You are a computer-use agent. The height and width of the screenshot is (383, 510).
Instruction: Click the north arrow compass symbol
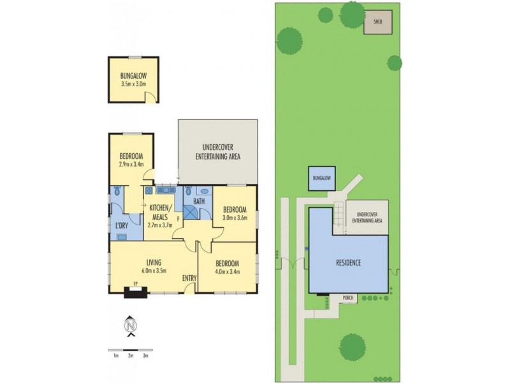[131, 326]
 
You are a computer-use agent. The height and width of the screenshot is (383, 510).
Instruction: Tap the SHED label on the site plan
[377, 22]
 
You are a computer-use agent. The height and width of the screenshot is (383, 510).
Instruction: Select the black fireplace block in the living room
[136, 292]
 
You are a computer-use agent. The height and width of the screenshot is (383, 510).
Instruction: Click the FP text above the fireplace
[136, 283]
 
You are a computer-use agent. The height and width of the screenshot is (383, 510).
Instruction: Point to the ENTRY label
[189, 278]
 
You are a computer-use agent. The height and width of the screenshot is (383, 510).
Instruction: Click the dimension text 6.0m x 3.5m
[154, 270]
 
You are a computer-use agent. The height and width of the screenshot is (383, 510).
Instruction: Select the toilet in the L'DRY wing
[117, 191]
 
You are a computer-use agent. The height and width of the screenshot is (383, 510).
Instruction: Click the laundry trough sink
[122, 237]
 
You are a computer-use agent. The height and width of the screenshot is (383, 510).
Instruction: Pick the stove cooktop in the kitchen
[149, 190]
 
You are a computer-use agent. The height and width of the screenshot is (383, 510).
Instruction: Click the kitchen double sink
[166, 190]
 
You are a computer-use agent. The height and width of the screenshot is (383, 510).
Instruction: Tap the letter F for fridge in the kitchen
[178, 218]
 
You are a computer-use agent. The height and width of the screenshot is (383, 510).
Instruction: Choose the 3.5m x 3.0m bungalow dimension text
[133, 84]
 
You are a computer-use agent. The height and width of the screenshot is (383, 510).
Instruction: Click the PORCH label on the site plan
[347, 297]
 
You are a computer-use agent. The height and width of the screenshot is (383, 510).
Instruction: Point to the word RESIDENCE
[348, 262]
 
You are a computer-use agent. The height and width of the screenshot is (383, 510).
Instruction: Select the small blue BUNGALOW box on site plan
[322, 179]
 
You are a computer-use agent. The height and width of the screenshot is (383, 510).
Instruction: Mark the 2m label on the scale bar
[131, 356]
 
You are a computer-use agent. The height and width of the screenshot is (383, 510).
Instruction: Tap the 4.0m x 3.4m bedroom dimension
[227, 271]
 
